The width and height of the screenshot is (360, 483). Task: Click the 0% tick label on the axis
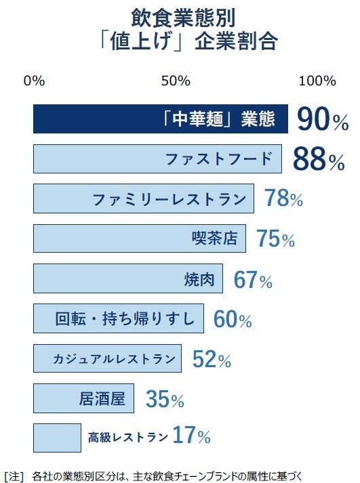(34, 81)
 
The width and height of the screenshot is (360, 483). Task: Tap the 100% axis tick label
(317, 81)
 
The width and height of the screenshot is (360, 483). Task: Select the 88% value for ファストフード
(319, 161)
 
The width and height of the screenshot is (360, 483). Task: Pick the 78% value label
(283, 199)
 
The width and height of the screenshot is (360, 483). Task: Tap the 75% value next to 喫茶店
(275, 239)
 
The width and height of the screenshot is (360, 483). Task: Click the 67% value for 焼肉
(253, 279)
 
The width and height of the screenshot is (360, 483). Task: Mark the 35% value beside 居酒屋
(165, 400)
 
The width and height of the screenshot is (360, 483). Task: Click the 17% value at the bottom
(191, 437)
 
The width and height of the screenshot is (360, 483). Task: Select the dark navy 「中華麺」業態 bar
(161, 120)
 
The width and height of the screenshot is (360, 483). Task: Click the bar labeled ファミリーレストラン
(144, 199)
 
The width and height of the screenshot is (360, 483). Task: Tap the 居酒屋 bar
(83, 398)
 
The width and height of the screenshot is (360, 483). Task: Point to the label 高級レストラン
(127, 438)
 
